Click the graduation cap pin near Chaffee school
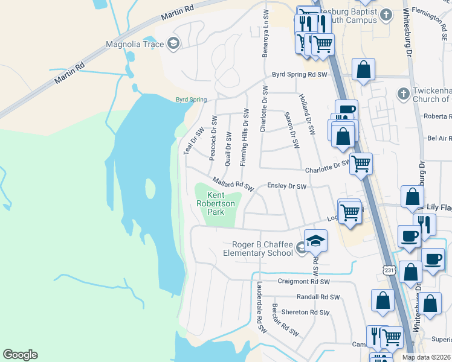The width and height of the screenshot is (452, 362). click(x=315, y=241)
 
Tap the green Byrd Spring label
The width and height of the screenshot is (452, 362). click(x=191, y=100)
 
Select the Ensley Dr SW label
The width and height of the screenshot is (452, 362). click(x=287, y=187)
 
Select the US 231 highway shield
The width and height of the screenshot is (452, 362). click(x=389, y=271)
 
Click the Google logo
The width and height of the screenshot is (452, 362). click(x=20, y=355)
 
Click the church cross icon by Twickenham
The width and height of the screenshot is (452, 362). click(x=403, y=94)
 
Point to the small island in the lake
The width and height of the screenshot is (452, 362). click(x=150, y=189)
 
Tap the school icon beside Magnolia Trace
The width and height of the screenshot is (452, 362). click(x=173, y=43)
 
